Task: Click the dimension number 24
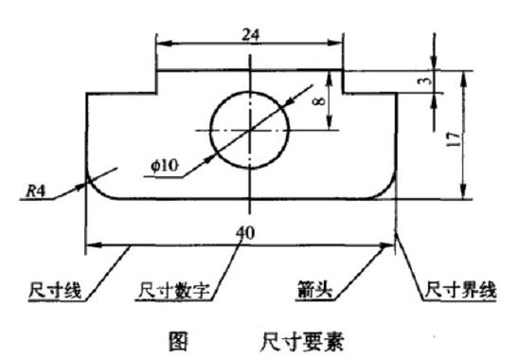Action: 251,35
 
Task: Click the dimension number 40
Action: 245,233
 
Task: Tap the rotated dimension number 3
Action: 427,81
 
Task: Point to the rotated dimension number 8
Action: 319,101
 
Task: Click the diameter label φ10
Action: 165,165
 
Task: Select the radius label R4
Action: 36,191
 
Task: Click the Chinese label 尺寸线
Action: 55,291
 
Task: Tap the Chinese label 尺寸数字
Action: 173,291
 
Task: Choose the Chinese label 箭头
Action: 314,290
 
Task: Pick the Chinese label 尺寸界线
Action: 460,291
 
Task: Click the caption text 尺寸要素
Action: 302,341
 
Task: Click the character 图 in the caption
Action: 178,341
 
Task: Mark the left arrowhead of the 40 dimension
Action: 94,245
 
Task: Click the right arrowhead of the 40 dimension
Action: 387,245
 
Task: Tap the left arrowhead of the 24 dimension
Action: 165,43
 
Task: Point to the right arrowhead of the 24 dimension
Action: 334,43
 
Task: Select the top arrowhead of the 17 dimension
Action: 463,79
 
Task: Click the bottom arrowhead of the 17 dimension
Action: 463,191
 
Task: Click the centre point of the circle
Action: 250,130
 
